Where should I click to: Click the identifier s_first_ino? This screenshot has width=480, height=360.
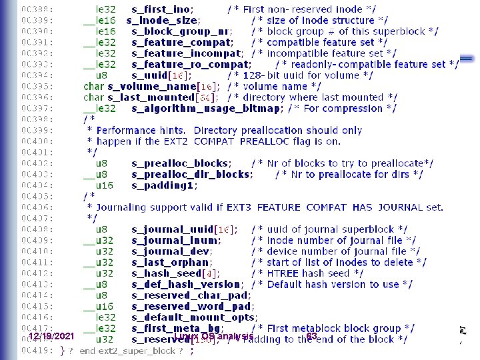163,9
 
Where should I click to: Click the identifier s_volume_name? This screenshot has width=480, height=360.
153,86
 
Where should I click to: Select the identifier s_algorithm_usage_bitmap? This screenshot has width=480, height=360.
207,108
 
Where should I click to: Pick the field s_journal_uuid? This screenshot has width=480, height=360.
173,229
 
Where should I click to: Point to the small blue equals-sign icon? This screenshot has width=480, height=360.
467,59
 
